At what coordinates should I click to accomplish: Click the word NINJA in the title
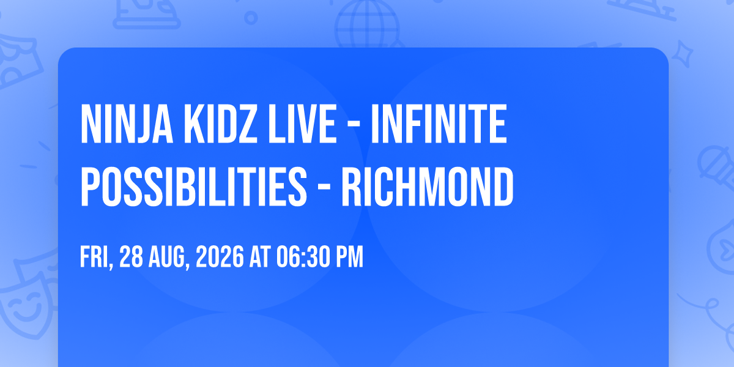click(127, 124)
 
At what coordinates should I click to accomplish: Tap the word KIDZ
click(220, 124)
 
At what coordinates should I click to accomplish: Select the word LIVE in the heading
click(302, 124)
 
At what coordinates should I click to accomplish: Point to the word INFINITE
click(439, 124)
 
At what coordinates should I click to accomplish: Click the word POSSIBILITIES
click(194, 187)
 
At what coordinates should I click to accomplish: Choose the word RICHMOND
click(428, 187)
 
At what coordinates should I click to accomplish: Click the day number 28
click(131, 256)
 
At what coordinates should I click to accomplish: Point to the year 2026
click(220, 256)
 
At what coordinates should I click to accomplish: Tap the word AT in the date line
click(260, 256)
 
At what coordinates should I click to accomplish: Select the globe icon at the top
click(367, 24)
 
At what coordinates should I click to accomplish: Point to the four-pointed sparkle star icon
click(682, 54)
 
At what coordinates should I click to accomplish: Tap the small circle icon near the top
click(251, 18)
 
